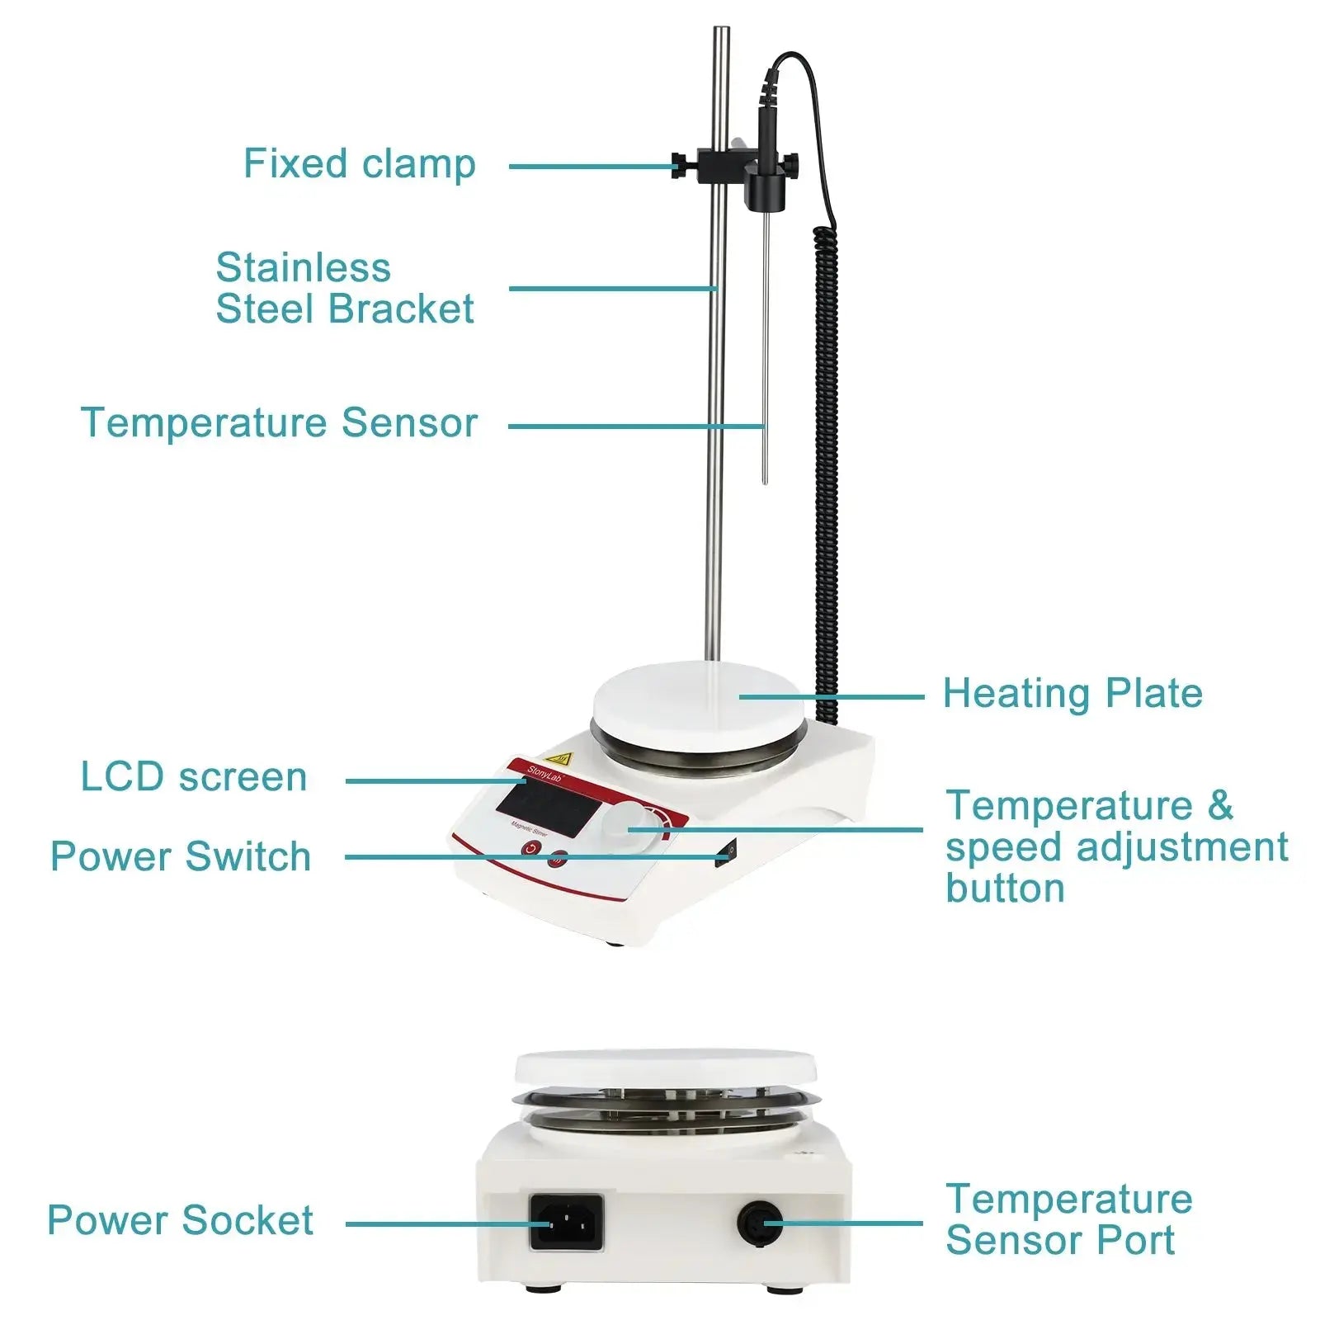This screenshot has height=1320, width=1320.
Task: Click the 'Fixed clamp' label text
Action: tap(359, 164)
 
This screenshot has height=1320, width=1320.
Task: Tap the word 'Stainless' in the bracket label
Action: tap(303, 268)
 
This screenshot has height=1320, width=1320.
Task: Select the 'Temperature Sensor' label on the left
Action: tap(279, 423)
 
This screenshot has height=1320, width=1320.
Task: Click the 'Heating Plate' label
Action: tap(1072, 694)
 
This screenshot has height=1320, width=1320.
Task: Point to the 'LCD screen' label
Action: tap(194, 777)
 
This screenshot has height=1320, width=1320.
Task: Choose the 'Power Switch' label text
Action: tap(181, 856)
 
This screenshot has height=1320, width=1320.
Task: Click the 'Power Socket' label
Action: tap(180, 1220)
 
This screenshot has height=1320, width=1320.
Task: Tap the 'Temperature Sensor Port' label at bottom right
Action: tap(1068, 1220)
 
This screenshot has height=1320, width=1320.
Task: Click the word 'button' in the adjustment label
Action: tap(1005, 889)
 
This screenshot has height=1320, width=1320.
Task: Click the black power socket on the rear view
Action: tap(566, 1222)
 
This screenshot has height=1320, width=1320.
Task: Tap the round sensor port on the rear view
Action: tap(760, 1223)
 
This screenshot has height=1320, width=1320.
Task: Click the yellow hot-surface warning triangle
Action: tap(561, 757)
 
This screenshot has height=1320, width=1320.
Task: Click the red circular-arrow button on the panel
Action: tap(530, 849)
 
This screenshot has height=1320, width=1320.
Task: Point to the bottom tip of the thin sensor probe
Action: tap(765, 481)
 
